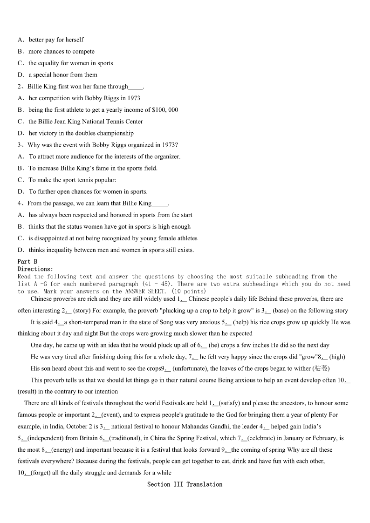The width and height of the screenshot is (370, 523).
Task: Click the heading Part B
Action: point(27,262)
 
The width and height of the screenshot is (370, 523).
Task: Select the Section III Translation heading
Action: point(185,484)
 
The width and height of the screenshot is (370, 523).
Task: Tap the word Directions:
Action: point(35,269)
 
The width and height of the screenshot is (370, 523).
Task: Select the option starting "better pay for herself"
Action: point(56,40)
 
